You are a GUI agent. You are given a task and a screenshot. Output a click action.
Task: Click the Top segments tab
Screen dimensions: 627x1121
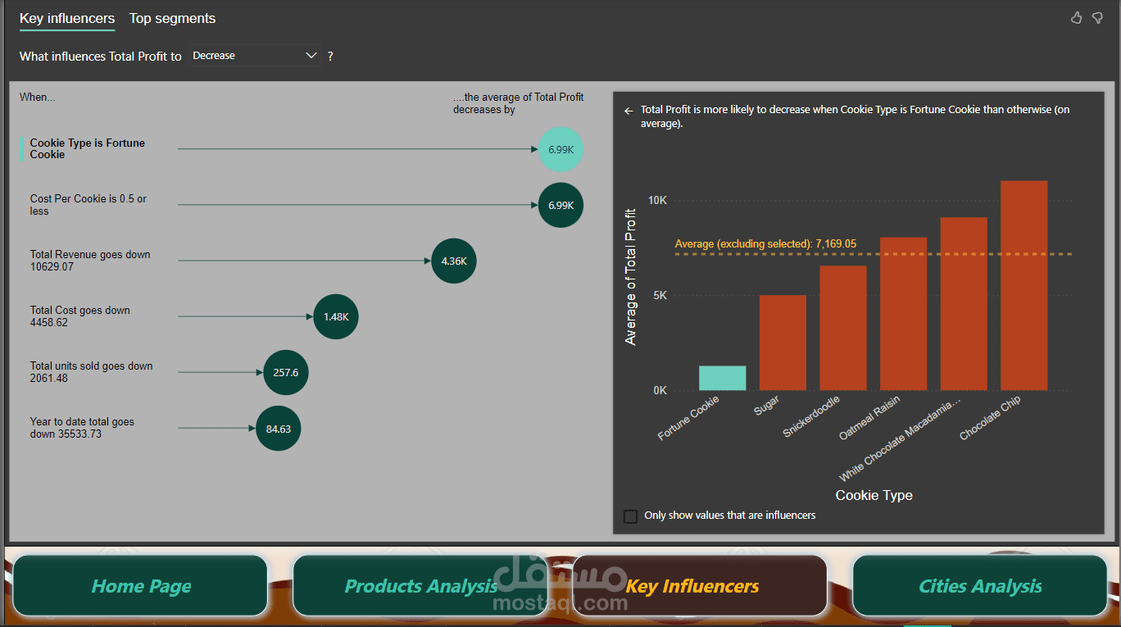pyautogui.click(x=172, y=18)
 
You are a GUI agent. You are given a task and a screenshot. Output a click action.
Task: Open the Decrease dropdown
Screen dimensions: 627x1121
pyautogui.click(x=254, y=56)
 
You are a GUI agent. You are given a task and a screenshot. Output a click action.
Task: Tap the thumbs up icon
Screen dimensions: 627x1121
pyautogui.click(x=1077, y=18)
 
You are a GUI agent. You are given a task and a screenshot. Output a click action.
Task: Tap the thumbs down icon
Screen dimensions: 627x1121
pyautogui.click(x=1097, y=18)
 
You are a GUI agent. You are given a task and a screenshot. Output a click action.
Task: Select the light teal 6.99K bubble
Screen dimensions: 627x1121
pyautogui.click(x=561, y=149)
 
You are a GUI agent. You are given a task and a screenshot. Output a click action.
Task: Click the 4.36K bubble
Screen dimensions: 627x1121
pyautogui.click(x=454, y=261)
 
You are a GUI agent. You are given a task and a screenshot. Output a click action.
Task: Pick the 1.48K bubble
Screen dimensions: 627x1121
pyautogui.click(x=336, y=316)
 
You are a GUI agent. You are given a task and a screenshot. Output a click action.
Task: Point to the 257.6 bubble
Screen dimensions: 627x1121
pyautogui.click(x=286, y=372)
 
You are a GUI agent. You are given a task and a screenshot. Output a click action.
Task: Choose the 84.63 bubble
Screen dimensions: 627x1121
pyautogui.click(x=279, y=428)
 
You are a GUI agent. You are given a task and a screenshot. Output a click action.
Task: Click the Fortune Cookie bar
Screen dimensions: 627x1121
pyautogui.click(x=722, y=378)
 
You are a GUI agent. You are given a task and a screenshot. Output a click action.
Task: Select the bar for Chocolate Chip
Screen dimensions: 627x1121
pyautogui.click(x=1024, y=285)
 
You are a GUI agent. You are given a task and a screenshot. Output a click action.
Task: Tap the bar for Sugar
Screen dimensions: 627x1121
pyautogui.click(x=783, y=343)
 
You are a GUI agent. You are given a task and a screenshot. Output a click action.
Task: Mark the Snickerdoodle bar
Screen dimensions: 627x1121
pyautogui.click(x=843, y=328)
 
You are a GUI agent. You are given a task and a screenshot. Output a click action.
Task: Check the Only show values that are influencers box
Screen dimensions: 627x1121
pyautogui.click(x=630, y=516)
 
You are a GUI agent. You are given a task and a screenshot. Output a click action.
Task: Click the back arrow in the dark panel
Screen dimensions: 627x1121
pyautogui.click(x=629, y=110)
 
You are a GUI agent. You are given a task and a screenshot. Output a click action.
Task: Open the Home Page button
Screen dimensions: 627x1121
pyautogui.click(x=141, y=586)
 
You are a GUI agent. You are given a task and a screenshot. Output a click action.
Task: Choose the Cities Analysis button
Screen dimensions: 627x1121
pyautogui.click(x=980, y=586)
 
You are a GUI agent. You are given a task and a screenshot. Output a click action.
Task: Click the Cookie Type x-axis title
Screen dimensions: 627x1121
pyautogui.click(x=874, y=495)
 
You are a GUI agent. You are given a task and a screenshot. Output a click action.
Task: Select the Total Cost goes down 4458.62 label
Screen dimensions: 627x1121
pyautogui.click(x=80, y=316)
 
